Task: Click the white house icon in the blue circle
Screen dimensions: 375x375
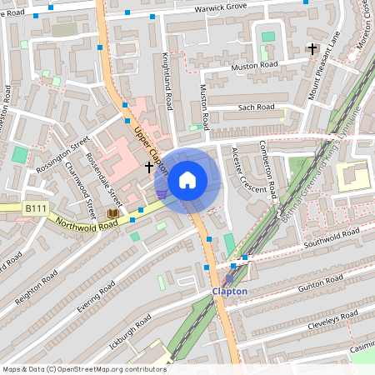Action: point(187,179)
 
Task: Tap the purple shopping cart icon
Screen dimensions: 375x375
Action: point(161,194)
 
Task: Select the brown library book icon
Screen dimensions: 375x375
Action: point(112,214)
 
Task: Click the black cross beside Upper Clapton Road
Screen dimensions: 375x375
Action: point(149,167)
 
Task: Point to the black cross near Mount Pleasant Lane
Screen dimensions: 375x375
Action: point(312,48)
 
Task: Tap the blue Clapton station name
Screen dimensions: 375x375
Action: point(230,292)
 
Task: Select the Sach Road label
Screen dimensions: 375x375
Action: point(256,107)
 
